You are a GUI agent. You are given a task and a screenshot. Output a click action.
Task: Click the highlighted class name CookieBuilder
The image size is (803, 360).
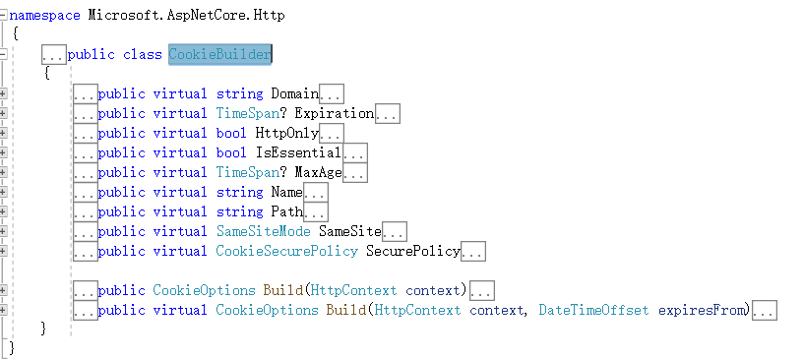coord(219,54)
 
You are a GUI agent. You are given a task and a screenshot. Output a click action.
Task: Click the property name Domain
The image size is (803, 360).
coord(294,94)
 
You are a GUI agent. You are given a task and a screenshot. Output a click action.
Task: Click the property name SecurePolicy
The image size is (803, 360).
coord(412,252)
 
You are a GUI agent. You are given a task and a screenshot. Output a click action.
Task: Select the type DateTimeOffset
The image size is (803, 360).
coord(593,311)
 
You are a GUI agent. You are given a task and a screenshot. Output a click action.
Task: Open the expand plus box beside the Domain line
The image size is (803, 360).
coord(4,94)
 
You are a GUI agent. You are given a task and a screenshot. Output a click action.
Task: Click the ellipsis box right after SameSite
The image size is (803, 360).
coord(395,233)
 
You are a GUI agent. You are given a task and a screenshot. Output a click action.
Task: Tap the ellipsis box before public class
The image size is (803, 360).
coord(54,55)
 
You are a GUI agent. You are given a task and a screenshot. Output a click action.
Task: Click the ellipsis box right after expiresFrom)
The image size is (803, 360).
coord(765,312)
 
